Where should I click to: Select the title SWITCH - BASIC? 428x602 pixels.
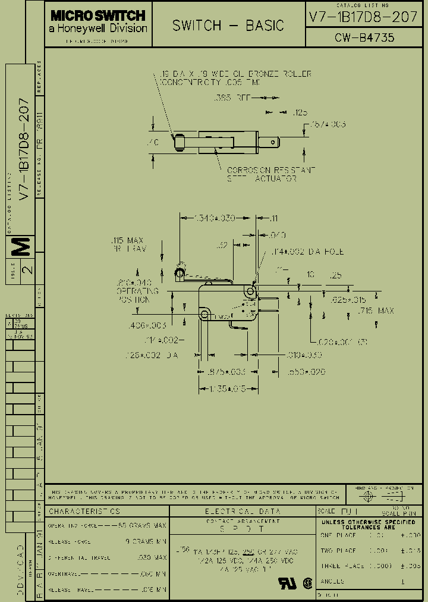[228, 26]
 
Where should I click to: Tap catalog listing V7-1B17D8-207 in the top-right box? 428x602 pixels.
[363, 17]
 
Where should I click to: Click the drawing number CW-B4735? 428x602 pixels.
[364, 38]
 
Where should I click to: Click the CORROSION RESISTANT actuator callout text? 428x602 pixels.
[270, 170]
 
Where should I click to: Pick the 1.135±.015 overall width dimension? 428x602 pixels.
[222, 389]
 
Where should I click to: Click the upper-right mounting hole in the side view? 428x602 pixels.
[250, 291]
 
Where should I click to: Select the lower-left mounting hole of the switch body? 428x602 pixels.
[204, 313]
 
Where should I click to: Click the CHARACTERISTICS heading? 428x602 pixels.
[84, 511]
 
